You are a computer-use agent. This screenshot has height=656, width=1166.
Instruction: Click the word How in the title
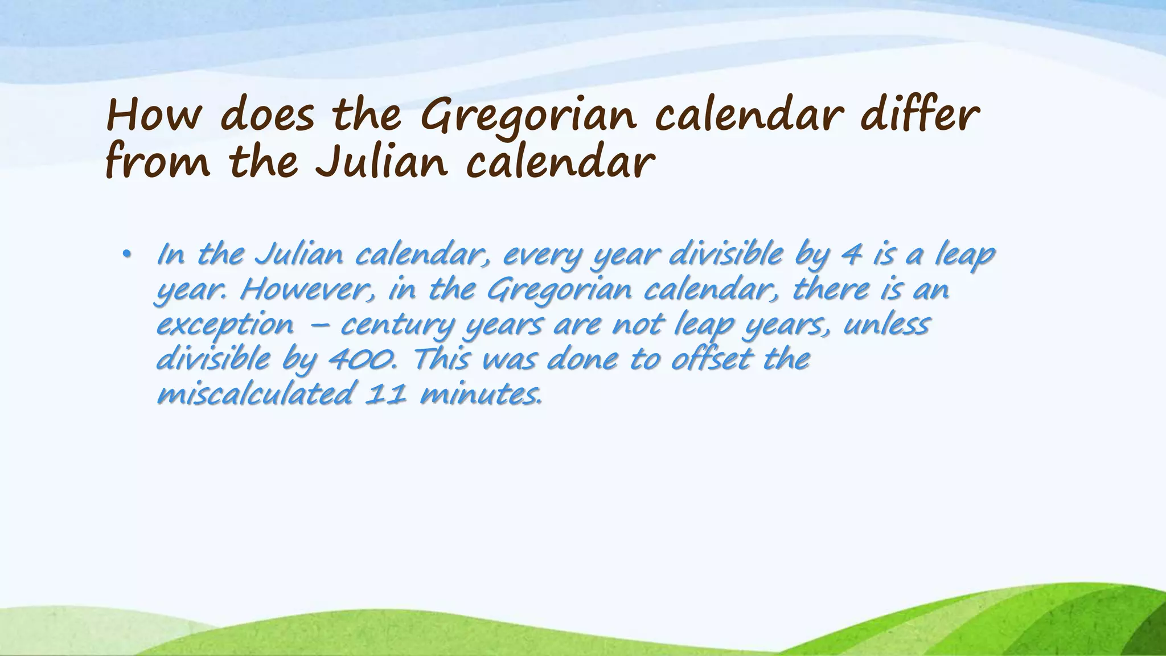click(153, 117)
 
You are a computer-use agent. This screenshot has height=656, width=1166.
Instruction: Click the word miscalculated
click(254, 394)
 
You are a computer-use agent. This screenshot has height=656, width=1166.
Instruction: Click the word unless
click(886, 325)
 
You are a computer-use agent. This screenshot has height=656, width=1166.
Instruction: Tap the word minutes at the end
click(481, 394)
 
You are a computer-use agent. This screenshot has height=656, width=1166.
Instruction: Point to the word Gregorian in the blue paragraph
click(559, 290)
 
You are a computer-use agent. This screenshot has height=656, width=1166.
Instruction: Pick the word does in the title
click(267, 117)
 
